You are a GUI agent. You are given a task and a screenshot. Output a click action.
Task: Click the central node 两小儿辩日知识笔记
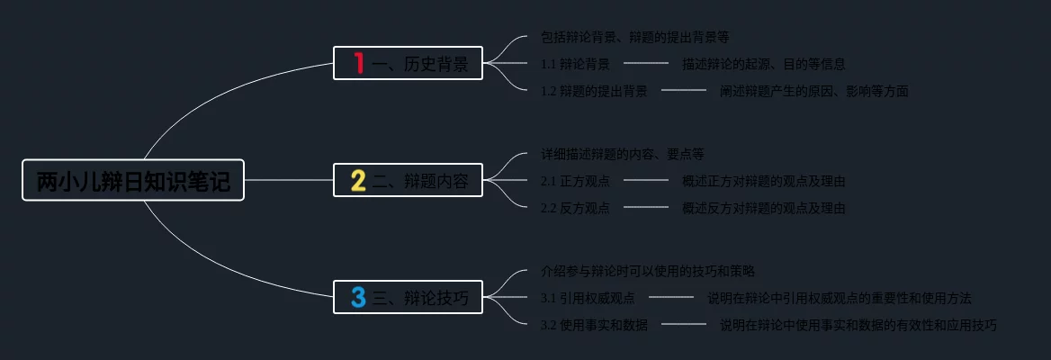coord(133,180)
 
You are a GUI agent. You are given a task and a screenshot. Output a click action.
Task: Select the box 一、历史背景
coord(408,63)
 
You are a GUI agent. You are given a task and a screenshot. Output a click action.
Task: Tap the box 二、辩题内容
coord(408,180)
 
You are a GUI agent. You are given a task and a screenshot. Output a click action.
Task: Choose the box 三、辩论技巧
coord(408,297)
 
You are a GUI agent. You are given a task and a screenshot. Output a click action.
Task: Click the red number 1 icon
coord(358,63)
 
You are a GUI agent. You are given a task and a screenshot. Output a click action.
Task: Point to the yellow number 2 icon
coord(358,180)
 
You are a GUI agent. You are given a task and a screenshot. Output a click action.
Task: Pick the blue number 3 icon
coord(358,297)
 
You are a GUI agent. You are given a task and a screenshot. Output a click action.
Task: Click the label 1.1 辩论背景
coord(575,64)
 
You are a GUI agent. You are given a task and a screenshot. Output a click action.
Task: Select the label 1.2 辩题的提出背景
coord(594,91)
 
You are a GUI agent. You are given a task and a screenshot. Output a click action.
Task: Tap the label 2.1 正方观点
coord(575,181)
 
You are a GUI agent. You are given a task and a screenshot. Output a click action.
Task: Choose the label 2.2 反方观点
coord(575,208)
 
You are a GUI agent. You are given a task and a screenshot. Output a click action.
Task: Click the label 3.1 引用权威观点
coord(588,298)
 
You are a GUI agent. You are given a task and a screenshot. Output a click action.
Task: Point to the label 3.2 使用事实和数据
coord(594,325)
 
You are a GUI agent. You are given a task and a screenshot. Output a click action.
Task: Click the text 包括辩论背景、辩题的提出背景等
coord(634,37)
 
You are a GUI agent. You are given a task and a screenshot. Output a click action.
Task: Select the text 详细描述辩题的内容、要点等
coord(623,154)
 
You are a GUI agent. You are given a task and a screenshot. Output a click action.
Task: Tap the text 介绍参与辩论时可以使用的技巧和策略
coord(648,270)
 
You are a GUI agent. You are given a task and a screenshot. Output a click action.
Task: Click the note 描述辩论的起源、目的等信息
coord(763,64)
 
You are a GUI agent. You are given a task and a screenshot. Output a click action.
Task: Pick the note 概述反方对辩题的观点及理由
coord(763,208)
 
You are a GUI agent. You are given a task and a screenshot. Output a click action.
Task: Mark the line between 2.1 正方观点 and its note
coord(646,180)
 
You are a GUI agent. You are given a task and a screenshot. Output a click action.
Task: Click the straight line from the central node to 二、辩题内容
coord(288,180)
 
